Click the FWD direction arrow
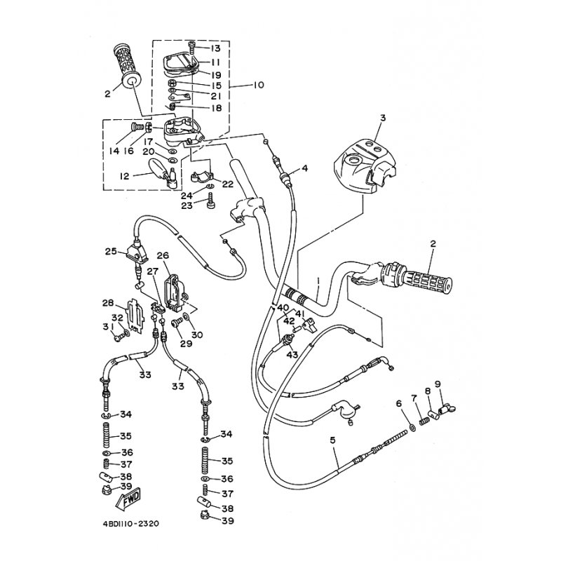pos(128,499)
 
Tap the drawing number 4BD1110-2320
pos(130,524)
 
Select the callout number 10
pos(258,85)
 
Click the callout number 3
pos(383,118)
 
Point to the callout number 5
pos(332,440)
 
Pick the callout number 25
pos(111,251)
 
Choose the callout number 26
pos(163,255)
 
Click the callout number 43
pos(292,355)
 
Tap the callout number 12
pos(125,176)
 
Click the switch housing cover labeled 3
pos(364,163)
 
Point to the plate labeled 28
pos(135,314)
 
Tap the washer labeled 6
pos(412,427)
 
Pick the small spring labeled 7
pos(424,422)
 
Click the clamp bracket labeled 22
pos(201,177)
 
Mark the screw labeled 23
pos(212,201)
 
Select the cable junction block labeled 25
pos(136,252)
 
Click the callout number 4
pos(304,168)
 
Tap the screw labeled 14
pos(136,127)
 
